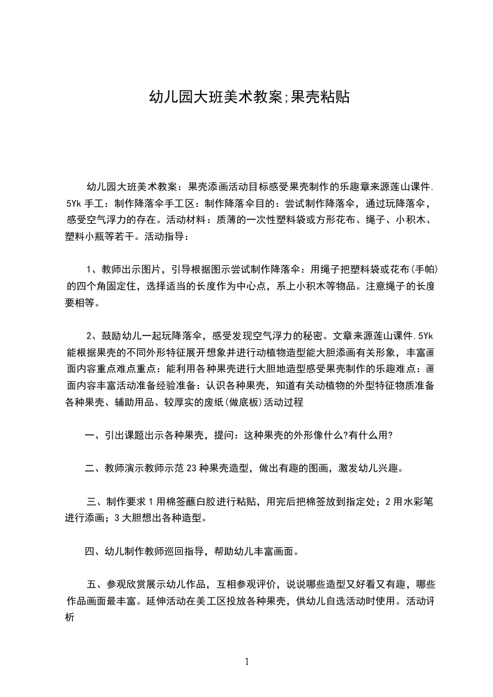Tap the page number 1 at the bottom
[x=247, y=662]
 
